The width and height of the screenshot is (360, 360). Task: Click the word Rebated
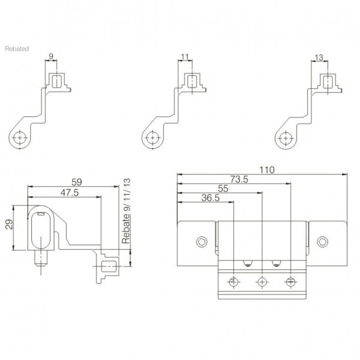16,47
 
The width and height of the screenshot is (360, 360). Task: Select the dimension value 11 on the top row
184,57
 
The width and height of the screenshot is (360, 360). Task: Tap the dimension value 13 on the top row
318,57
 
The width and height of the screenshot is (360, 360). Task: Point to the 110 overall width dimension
267,170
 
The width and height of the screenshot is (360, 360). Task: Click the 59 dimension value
76,182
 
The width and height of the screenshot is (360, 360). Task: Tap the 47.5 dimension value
68,193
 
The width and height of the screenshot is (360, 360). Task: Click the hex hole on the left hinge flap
200,242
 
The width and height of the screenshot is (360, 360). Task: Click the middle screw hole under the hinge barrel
262,281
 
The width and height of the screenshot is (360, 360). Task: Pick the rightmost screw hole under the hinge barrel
290,281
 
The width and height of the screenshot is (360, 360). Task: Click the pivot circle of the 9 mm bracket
20,137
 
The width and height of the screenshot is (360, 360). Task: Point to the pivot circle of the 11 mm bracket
154,138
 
